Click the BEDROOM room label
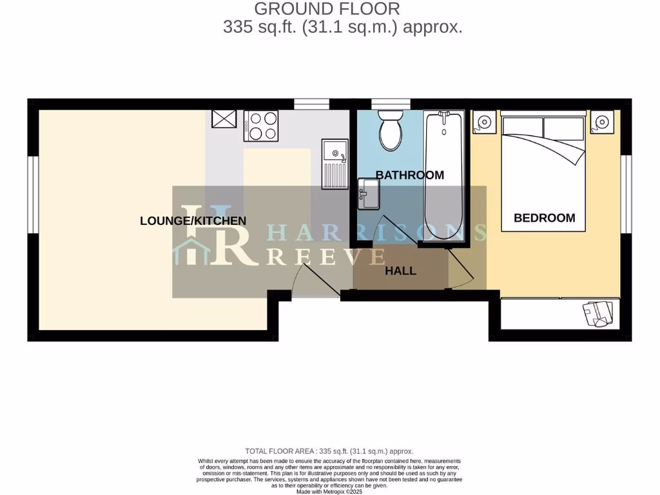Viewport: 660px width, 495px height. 544,218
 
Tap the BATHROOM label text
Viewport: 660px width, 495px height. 410,175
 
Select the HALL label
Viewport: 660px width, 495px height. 400,271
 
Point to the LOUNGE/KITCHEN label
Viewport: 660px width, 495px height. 193,221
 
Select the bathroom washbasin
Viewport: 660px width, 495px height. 369,193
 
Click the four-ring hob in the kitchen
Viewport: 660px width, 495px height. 261,126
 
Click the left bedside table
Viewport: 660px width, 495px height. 485,121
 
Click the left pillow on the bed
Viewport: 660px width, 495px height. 522,127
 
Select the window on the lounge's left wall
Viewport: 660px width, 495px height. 31,193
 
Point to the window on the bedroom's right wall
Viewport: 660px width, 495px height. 627,193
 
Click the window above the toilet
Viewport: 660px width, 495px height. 384,103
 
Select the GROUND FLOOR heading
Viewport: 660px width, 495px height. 327,9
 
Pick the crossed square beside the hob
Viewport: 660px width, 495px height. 224,119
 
